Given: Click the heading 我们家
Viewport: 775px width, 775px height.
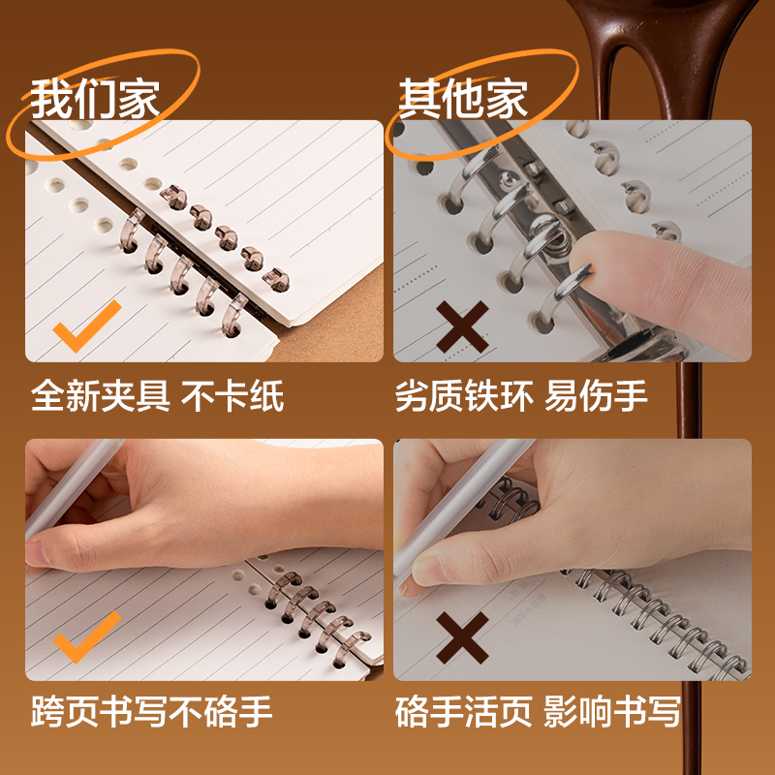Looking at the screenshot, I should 95,99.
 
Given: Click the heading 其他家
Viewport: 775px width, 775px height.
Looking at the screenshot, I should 463,99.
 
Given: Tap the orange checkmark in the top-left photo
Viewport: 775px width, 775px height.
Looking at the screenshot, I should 86,325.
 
